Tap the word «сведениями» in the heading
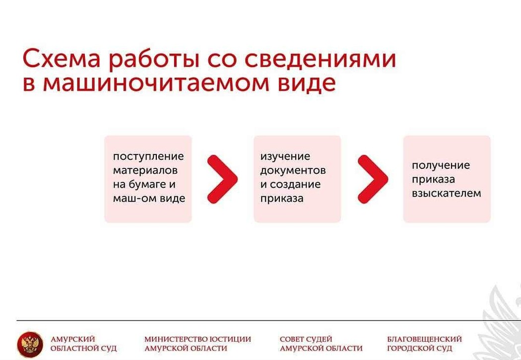pos(321,59)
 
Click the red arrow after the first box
pos(222,179)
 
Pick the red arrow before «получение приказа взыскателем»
pos(373,179)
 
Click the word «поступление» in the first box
pos(148,157)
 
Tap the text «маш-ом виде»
pos(149,199)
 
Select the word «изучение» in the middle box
pos(285,157)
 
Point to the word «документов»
pos(293,171)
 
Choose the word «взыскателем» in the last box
pos(447,193)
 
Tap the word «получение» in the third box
pos(441,166)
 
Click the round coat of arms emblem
pos(30,345)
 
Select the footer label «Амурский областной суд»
pos(83,344)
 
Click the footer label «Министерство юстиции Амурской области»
pos(197,344)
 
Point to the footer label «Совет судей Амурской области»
pos(321,344)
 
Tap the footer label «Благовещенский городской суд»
pos(424,344)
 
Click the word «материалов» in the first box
pos(145,171)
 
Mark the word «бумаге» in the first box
pos(147,185)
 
